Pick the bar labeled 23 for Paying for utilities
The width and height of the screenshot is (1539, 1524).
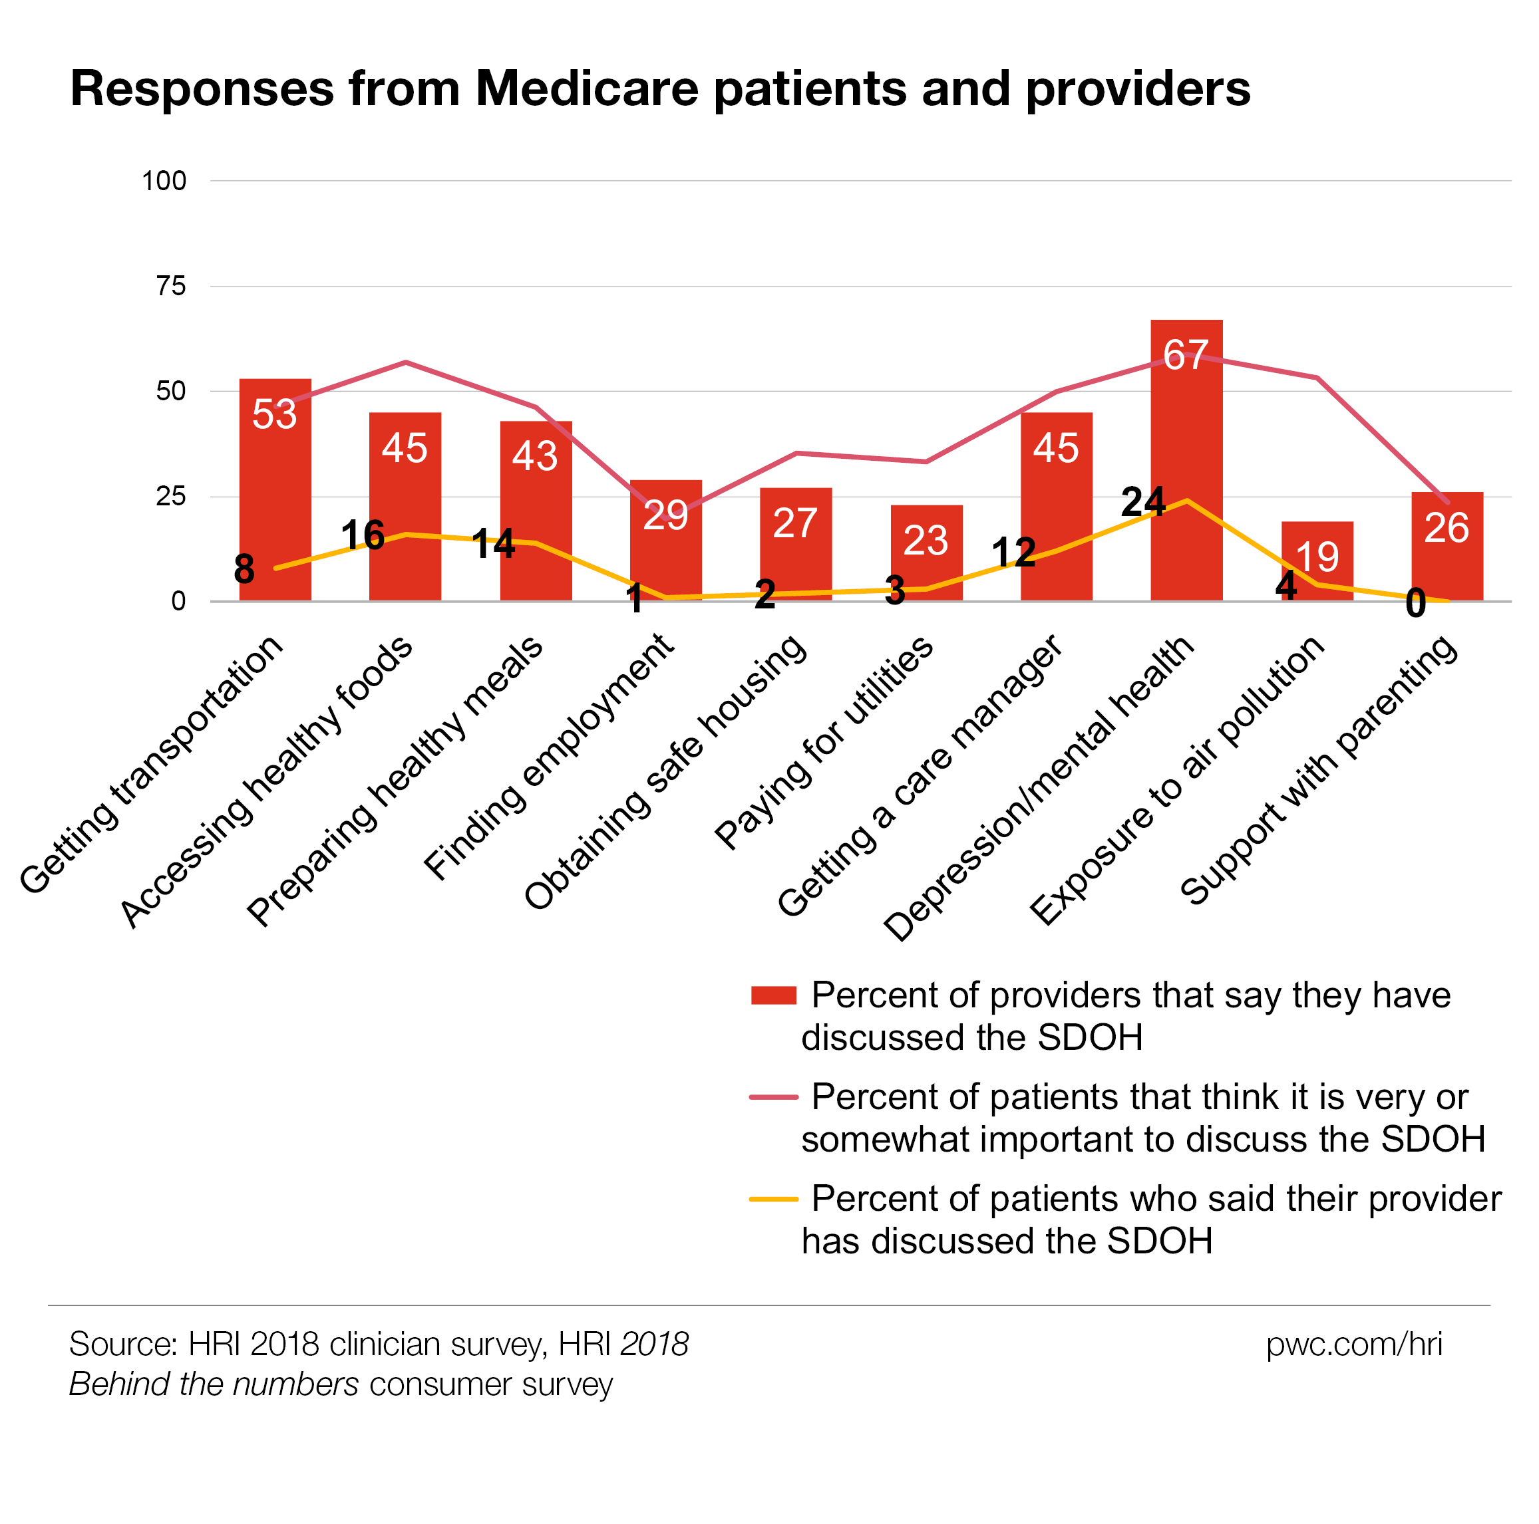(926, 557)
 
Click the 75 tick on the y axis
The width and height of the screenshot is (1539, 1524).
(171, 286)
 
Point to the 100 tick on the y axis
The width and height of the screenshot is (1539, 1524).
(164, 181)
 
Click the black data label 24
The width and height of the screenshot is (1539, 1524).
(1142, 501)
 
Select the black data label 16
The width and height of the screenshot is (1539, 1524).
(363, 535)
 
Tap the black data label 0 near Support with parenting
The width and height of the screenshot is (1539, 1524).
(1415, 604)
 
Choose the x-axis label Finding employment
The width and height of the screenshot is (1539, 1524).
(550, 757)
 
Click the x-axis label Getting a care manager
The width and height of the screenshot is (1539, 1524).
(920, 777)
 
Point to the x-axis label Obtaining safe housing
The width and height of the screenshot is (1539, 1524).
(665, 773)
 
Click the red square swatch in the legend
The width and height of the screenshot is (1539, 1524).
(773, 995)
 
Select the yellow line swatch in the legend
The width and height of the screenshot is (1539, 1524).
(773, 1199)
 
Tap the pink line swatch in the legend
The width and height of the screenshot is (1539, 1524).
(773, 1097)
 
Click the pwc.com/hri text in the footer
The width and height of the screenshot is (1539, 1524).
(1354, 1344)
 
